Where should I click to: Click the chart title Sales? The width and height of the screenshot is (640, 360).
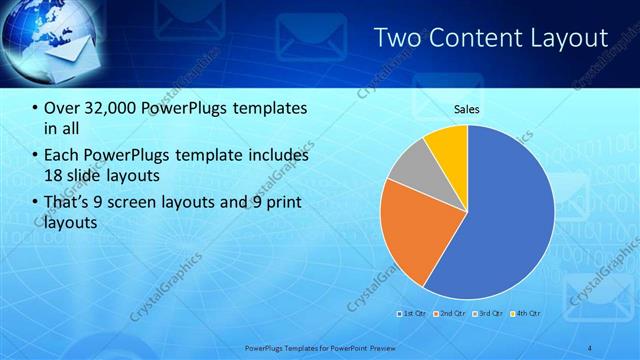point(467,109)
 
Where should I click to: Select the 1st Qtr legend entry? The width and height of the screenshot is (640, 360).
point(415,313)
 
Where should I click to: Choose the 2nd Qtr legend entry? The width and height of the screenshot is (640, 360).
point(452,313)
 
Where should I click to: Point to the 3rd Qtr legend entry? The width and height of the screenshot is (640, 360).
point(489,313)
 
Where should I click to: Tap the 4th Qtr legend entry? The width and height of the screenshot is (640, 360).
point(527,313)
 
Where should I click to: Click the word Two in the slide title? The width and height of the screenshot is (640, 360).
point(397,38)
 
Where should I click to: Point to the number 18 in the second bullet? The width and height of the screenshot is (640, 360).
point(55,176)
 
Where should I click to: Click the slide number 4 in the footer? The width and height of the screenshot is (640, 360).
point(589,348)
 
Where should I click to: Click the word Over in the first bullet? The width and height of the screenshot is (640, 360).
point(62,107)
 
